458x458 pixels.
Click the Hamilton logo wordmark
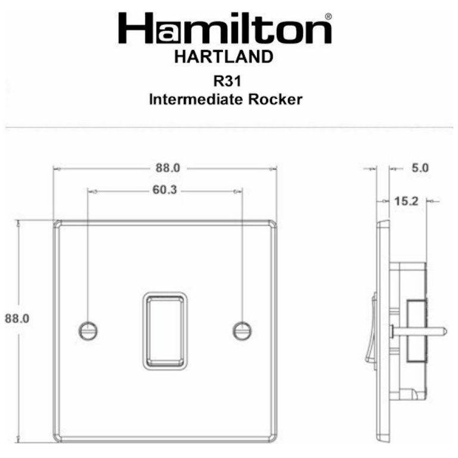click(225, 29)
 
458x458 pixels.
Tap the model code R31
click(225, 82)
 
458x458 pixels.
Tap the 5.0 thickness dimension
click(420, 169)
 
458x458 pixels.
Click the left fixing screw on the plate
click(88, 329)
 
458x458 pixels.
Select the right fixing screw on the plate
click(242, 329)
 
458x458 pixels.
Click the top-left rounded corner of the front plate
click(57, 224)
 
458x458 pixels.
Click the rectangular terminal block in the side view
click(413, 330)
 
